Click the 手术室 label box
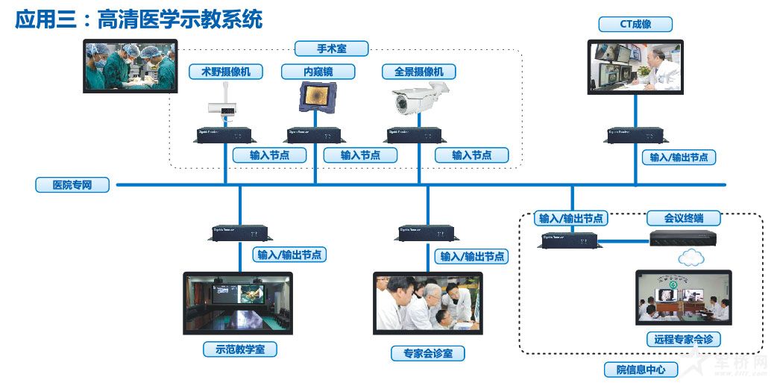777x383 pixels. tap(331, 49)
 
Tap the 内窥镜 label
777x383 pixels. tap(318, 72)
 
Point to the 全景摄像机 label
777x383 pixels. tap(418, 72)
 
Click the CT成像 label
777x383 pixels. tap(635, 24)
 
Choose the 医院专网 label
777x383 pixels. tap(72, 184)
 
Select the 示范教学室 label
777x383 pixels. tap(240, 349)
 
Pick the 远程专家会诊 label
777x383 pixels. tap(683, 339)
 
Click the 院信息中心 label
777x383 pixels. tap(636, 370)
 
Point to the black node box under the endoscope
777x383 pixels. tap(315, 135)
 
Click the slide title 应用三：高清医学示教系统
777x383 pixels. tap(139, 19)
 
